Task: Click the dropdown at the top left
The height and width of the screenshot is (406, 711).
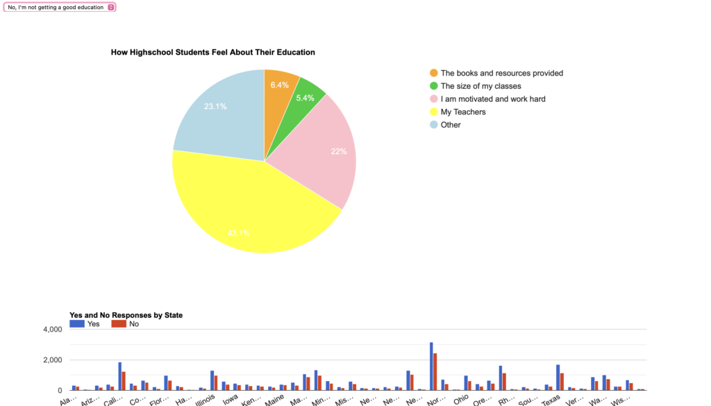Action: coord(60,7)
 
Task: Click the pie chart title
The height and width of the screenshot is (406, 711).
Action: coord(212,52)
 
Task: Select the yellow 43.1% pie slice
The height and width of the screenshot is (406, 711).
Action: coord(250,208)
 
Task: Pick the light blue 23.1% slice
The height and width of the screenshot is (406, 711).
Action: coord(215,111)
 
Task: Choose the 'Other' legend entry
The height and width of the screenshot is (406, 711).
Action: coord(450,125)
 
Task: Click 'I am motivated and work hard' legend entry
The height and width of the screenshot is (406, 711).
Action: coord(492,99)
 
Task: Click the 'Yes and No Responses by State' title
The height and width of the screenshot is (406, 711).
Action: coord(126,315)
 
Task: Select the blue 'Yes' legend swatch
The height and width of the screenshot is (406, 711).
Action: coord(77,323)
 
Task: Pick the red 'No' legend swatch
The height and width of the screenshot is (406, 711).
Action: coord(119,323)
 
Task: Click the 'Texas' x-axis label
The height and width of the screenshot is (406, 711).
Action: coord(551,400)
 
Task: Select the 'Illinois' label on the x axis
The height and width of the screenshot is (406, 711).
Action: coord(205,400)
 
